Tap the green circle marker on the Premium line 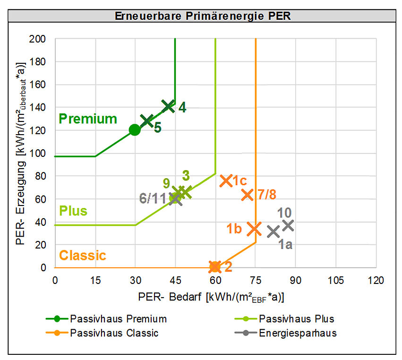click(135, 130)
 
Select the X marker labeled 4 click(168, 106)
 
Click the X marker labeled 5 click(147, 121)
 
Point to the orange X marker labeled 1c click(226, 181)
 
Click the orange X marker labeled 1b click(255, 229)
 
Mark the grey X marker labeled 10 click(288, 225)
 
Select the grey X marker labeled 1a click(273, 231)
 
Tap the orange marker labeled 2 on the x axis click(215, 267)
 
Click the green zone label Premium click(88, 119)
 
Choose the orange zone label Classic click(82, 256)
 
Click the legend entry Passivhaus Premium click(118, 319)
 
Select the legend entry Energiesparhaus click(298, 333)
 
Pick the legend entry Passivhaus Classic click(114, 333)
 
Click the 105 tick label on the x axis click(335, 280)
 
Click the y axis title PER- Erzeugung click(21, 154)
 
